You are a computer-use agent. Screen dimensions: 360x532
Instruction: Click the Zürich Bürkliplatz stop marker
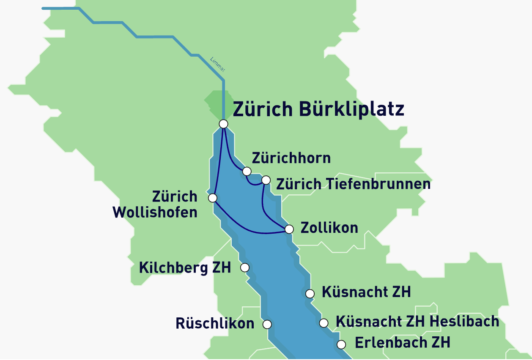coord(224,124)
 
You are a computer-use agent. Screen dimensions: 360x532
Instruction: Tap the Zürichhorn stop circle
coord(247,171)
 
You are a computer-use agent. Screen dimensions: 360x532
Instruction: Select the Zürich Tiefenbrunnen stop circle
coord(266,180)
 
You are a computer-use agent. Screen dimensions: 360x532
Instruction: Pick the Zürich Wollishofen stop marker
coord(213,198)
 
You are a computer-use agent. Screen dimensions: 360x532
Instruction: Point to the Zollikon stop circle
coord(289,229)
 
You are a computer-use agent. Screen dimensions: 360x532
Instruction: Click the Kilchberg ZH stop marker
coord(244,267)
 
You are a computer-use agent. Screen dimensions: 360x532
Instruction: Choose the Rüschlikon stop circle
coord(267,325)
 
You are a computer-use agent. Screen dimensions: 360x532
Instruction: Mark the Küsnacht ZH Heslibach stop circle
coord(324,323)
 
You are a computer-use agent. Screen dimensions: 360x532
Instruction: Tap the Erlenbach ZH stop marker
coord(341,344)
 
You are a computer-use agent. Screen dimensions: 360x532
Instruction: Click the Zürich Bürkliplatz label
coord(318,109)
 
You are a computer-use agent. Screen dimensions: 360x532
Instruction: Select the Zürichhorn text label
coord(291,158)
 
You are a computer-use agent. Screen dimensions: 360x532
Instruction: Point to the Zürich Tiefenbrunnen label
coord(353,184)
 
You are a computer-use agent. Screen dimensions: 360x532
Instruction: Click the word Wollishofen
coord(155,212)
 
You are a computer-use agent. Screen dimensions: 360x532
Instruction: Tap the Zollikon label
coord(329,228)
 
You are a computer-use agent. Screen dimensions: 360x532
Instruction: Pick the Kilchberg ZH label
coord(185,267)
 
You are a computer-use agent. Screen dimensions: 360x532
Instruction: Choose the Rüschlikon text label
coord(215,324)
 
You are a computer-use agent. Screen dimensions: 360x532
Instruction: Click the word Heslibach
coord(464,321)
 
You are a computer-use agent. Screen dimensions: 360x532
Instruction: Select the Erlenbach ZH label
coord(402,342)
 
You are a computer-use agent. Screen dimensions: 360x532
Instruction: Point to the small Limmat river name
coord(217,64)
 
